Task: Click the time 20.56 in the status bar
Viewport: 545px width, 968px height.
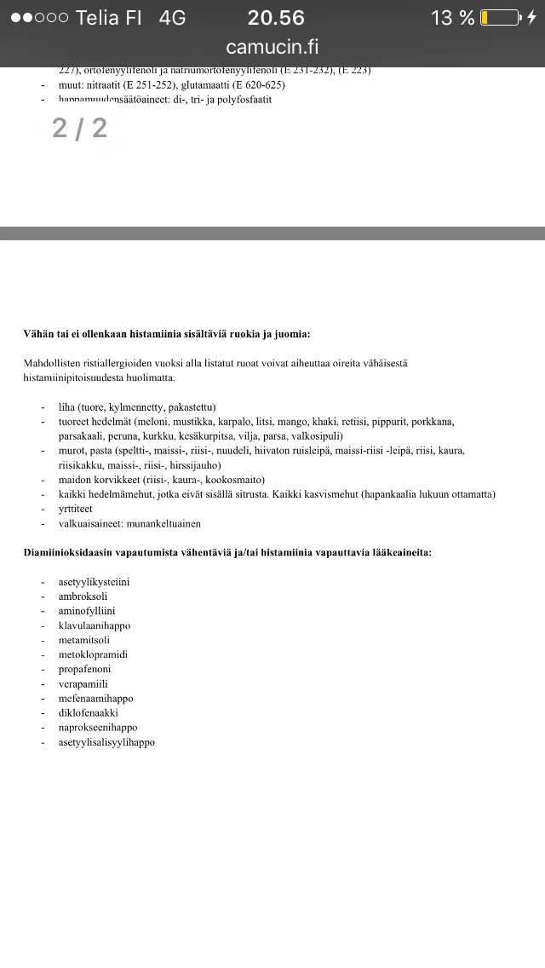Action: pyautogui.click(x=276, y=17)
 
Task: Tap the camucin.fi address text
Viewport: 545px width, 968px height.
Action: pyautogui.click(x=272, y=47)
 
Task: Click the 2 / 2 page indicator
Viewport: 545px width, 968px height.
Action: pyautogui.click(x=80, y=128)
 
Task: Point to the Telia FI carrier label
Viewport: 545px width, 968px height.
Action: pyautogui.click(x=108, y=17)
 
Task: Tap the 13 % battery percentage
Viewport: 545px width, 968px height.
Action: pyautogui.click(x=452, y=17)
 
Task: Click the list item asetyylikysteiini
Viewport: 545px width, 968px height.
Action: pyautogui.click(x=94, y=582)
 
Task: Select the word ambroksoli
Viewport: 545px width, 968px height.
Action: pyautogui.click(x=83, y=596)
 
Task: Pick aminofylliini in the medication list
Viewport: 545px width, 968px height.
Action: pyautogui.click(x=87, y=611)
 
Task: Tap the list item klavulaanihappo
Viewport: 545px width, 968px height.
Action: pyautogui.click(x=94, y=625)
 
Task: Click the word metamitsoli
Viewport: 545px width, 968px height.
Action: pyautogui.click(x=83, y=640)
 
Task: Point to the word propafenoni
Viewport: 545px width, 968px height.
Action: pyautogui.click(x=84, y=669)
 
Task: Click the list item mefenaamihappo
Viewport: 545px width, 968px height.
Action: pyautogui.click(x=95, y=698)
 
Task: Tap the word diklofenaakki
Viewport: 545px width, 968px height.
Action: pyautogui.click(x=88, y=712)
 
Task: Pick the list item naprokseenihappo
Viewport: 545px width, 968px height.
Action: pyautogui.click(x=97, y=727)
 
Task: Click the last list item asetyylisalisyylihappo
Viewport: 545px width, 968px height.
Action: pyautogui.click(x=106, y=742)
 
